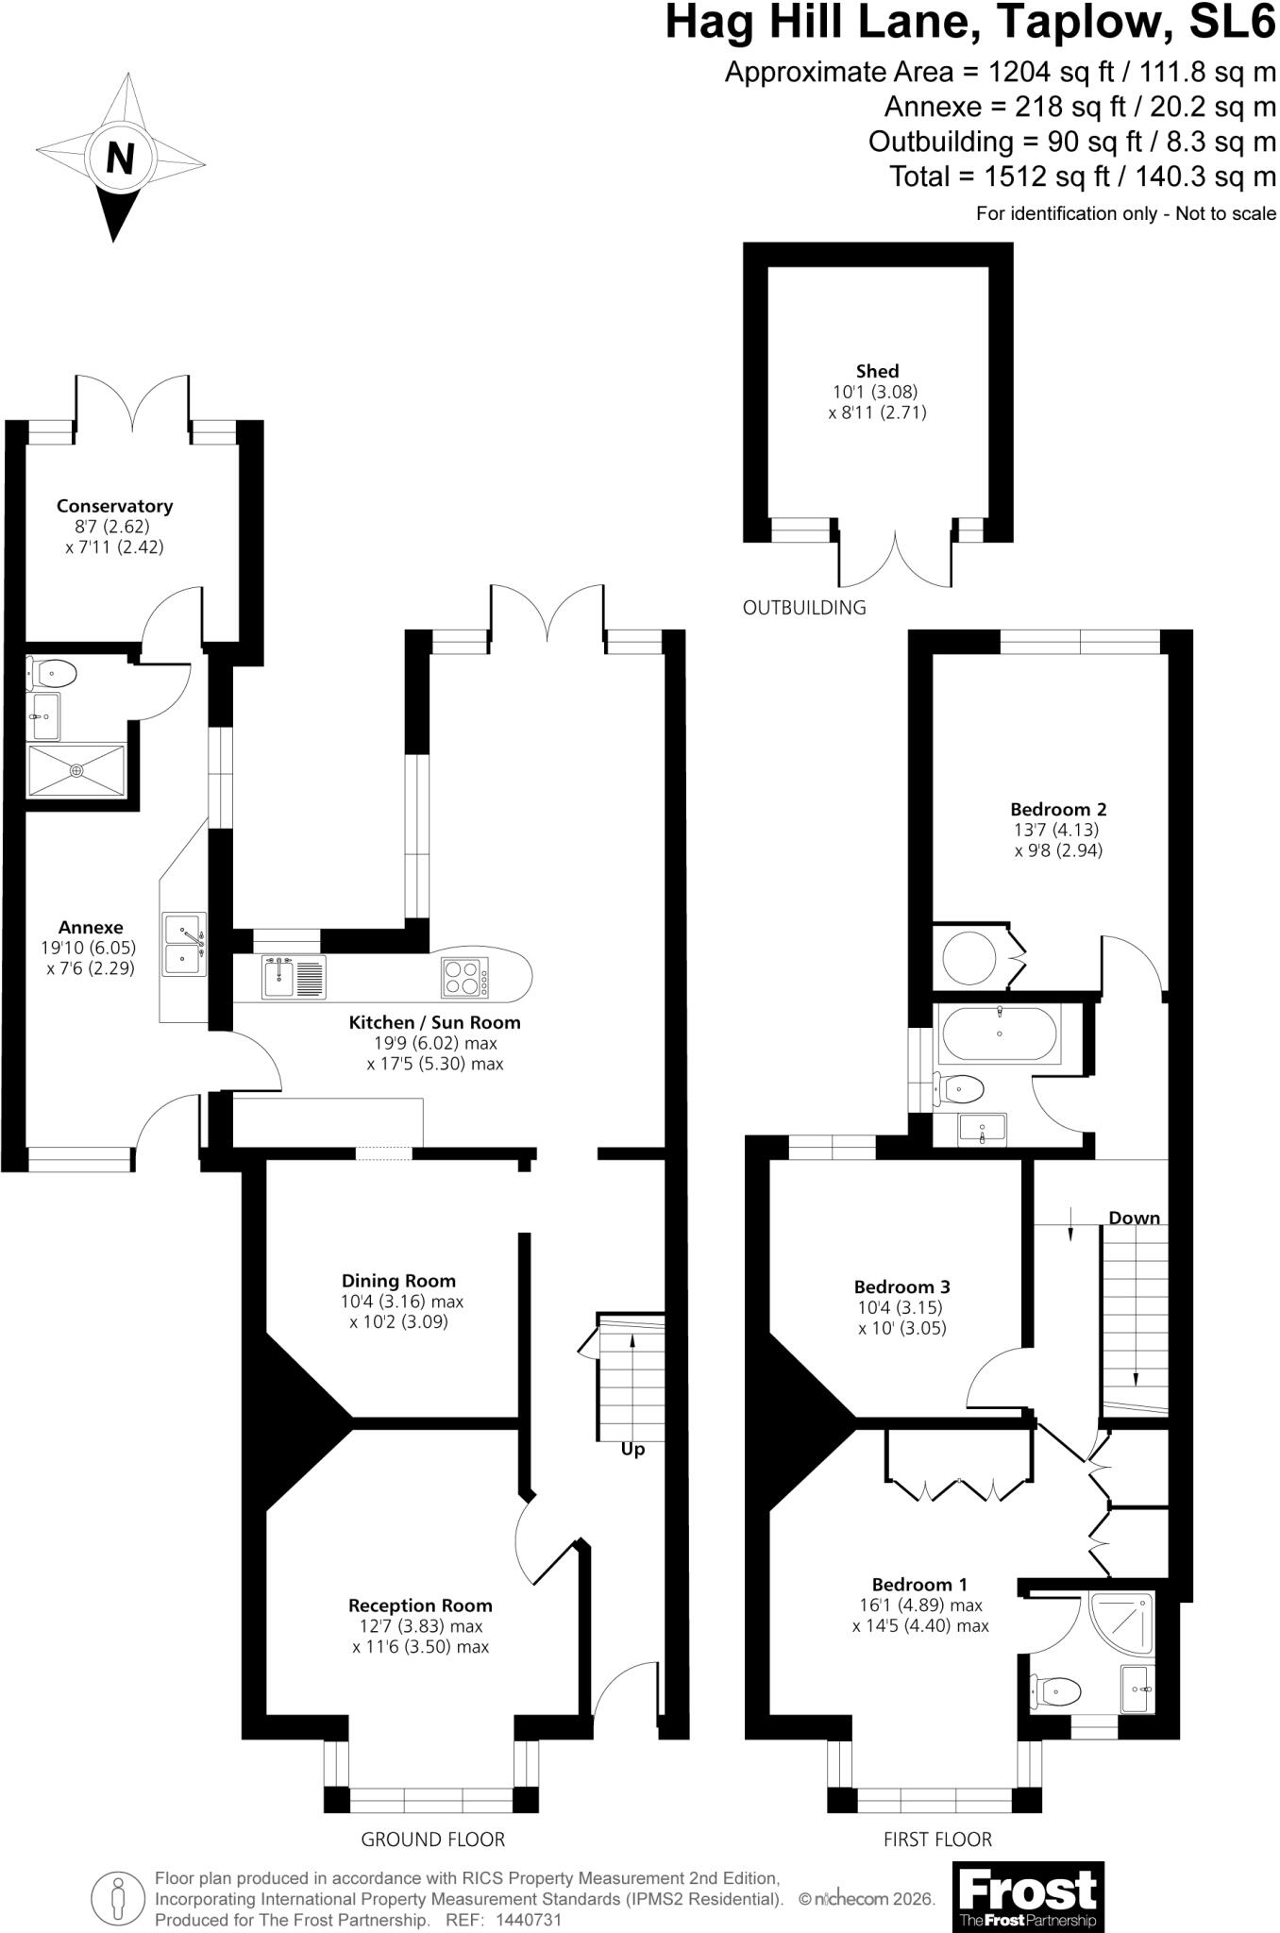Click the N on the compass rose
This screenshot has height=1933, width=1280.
click(120, 159)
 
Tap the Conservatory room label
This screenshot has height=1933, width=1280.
click(115, 506)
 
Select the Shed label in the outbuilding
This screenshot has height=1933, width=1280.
click(878, 371)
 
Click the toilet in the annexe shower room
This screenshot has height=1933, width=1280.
click(53, 674)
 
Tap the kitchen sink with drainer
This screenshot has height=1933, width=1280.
click(295, 978)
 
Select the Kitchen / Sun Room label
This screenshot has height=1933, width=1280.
click(434, 1022)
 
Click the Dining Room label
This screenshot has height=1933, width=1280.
click(398, 1281)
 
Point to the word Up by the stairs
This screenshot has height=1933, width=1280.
click(632, 1449)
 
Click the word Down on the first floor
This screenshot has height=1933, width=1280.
click(1134, 1219)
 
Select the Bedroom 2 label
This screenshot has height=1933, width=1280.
click(1058, 809)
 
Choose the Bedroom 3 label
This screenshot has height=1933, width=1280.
click(901, 1286)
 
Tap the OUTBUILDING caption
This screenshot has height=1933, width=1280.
click(804, 608)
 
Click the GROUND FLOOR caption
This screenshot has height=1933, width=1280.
click(433, 1840)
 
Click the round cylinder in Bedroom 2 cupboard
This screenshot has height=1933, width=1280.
click(969, 958)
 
